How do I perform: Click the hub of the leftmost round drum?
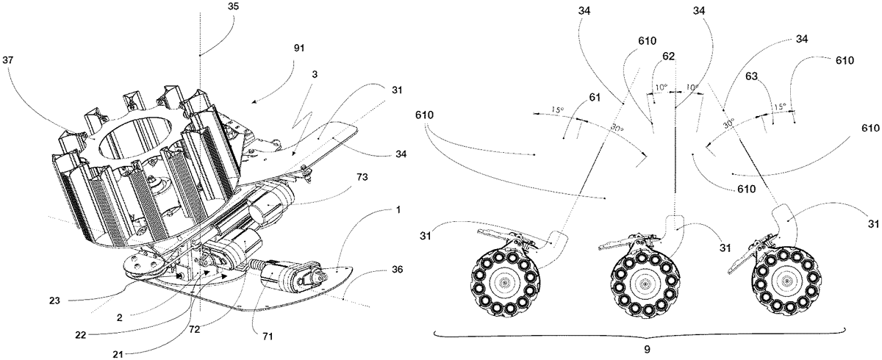tap(504, 282)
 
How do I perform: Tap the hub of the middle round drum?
tap(645, 283)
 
